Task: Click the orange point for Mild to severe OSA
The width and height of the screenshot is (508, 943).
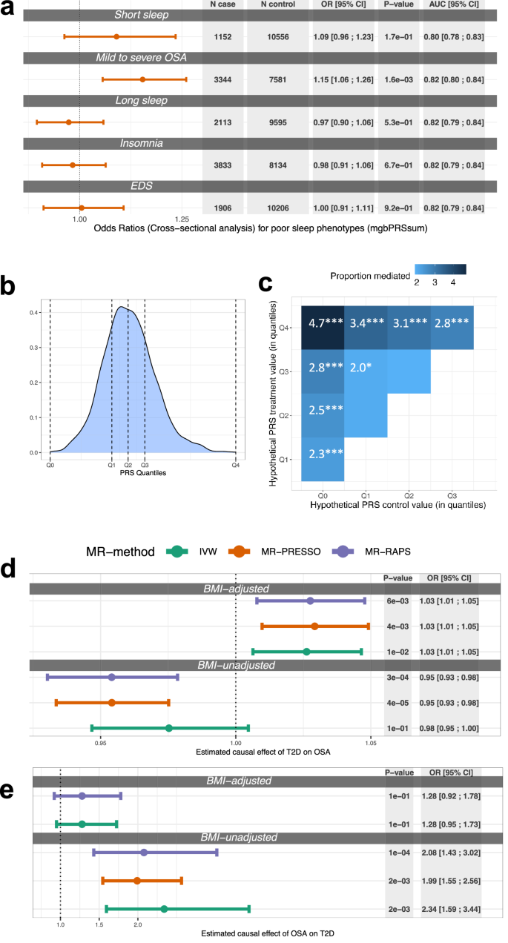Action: (142, 79)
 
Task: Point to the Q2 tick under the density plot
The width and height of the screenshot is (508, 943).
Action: (128, 465)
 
